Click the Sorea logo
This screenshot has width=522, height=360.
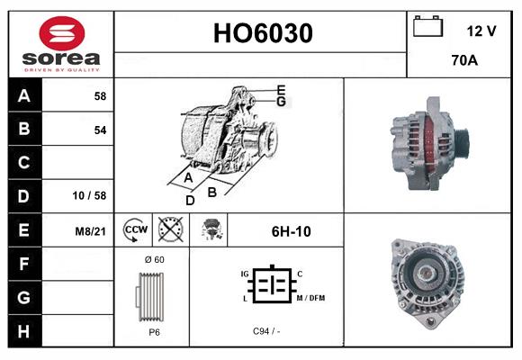(60, 44)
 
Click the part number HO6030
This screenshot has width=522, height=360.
(262, 33)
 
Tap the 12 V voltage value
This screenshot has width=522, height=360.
(481, 31)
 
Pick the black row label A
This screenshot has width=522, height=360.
(23, 95)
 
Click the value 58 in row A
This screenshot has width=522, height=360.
(100, 95)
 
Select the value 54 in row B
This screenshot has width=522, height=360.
(100, 130)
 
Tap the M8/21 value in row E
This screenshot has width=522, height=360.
(91, 231)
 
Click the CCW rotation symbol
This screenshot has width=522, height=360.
(135, 229)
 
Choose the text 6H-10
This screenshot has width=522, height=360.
(291, 231)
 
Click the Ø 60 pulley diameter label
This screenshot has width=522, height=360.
(153, 259)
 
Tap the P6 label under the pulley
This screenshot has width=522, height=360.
(153, 331)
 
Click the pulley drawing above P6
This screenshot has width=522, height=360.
(151, 295)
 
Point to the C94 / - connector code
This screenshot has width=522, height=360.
(266, 331)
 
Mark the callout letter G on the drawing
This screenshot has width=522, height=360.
(282, 102)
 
